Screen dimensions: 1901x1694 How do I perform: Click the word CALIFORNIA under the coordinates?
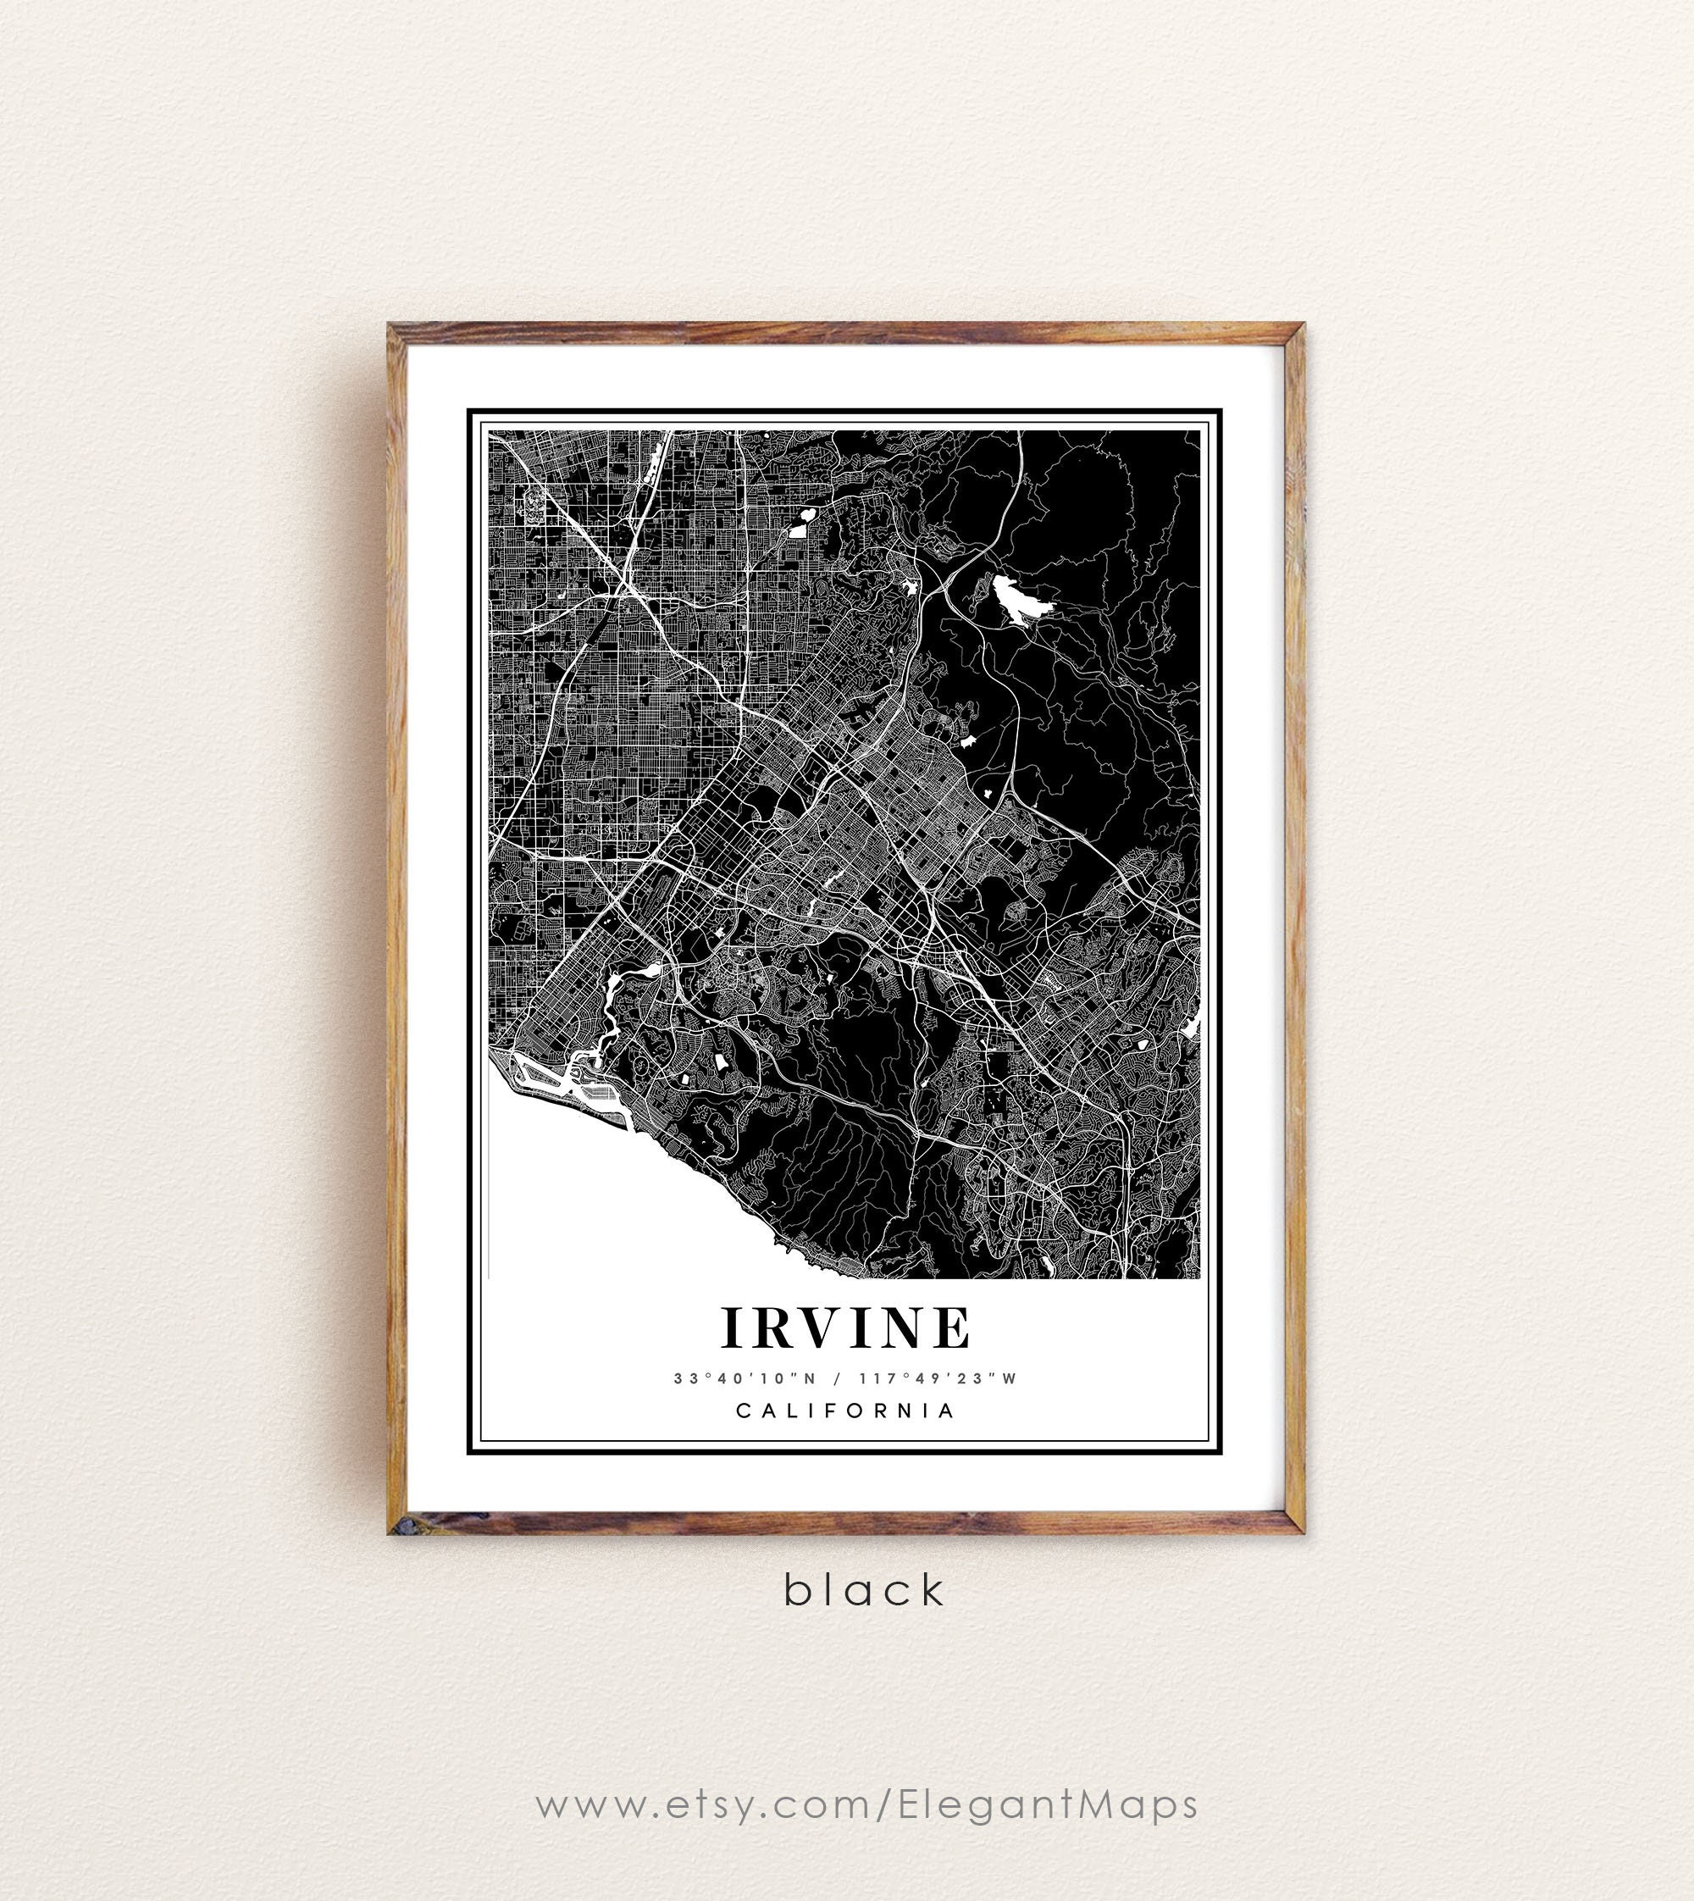click(846, 1411)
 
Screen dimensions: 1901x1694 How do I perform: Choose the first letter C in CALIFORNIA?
click(743, 1411)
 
